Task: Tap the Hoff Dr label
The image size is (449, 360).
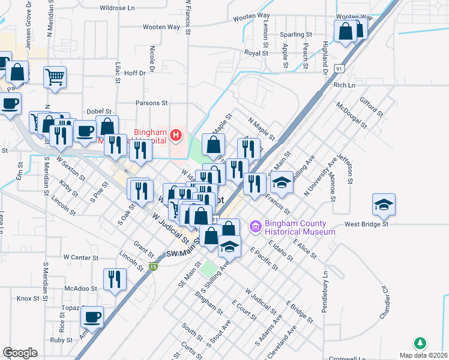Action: [x=134, y=73]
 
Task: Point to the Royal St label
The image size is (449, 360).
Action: [x=256, y=53]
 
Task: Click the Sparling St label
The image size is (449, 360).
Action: [x=297, y=35]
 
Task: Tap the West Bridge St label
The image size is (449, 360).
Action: [x=367, y=224]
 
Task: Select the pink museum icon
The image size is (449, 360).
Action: [x=255, y=227]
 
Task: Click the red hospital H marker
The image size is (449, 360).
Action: [x=176, y=135]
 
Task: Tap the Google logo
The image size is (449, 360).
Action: [x=20, y=353]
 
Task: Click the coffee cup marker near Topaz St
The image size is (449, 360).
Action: [x=92, y=317]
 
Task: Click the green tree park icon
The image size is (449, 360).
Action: [x=421, y=344]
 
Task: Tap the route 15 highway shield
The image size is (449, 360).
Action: [x=154, y=266]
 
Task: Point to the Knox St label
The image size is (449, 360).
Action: [x=28, y=298]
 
